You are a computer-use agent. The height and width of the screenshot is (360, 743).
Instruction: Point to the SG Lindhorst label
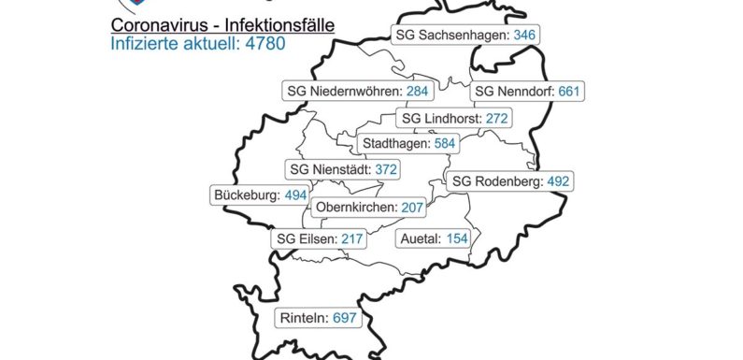pos(454,119)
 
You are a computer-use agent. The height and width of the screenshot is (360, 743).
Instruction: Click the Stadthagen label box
pos(408,144)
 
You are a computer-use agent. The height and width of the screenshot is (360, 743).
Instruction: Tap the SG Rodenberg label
pos(508,181)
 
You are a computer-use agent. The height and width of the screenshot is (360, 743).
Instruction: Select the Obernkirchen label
pos(370,207)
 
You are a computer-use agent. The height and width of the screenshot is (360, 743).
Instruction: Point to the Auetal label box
pos(432,239)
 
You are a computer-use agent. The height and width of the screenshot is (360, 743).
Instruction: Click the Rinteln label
pos(319,319)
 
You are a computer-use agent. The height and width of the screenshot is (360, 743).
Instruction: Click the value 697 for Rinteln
pos(345,319)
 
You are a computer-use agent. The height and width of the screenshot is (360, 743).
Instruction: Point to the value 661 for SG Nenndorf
pos(570,92)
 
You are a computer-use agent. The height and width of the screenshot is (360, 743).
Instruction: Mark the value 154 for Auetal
pos(457,239)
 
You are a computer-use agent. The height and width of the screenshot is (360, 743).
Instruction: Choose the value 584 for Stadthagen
pos(447,144)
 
